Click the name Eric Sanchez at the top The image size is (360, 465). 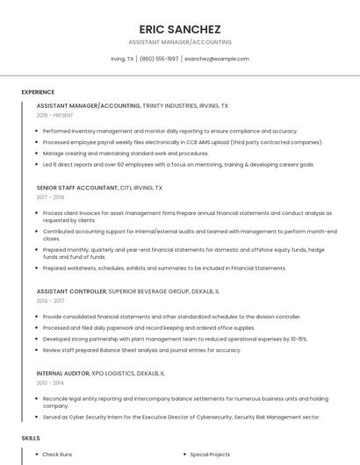pos(180,29)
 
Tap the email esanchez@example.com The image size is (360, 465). pos(217,59)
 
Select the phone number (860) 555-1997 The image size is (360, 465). pos(159,59)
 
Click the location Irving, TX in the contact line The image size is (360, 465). pos(122,59)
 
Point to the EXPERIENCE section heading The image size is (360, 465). pos(38,92)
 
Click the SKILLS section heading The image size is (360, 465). pos(31,437)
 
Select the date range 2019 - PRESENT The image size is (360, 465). pos(55,115)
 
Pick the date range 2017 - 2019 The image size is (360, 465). pos(50,197)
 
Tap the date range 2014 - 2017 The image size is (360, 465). pos(50,301)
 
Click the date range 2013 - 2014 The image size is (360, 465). pos(50,383)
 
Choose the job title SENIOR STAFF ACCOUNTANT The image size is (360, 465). pos(77,188)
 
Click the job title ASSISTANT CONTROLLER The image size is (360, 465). pos(70,291)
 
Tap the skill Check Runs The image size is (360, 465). pos(57,454)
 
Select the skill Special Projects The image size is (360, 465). pos(210,454)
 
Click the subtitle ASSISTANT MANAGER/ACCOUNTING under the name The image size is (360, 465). pos(180,42)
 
